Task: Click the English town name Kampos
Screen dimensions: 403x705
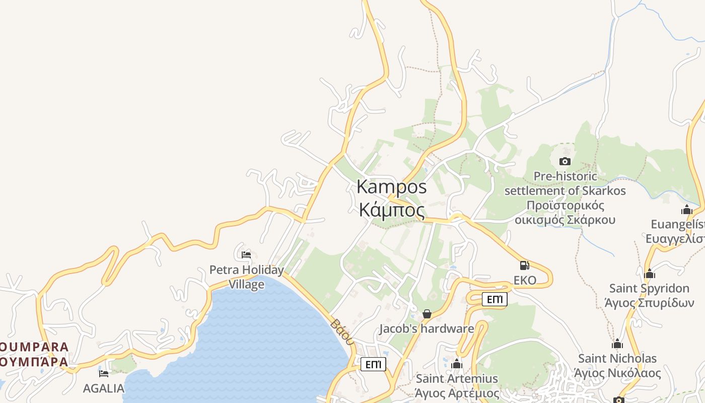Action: (391, 187)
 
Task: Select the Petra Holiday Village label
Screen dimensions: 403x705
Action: (247, 277)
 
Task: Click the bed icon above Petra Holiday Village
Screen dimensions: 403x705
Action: (246, 254)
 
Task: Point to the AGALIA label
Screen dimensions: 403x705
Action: (103, 388)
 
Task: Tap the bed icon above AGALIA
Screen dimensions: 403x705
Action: (104, 373)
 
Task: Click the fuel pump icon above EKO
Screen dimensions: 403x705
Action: (524, 265)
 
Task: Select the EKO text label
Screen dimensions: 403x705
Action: (525, 280)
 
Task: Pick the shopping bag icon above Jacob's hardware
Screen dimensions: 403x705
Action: (427, 314)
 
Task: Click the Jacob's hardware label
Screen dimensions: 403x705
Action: (427, 329)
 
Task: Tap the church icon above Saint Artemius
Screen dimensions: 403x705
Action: (457, 364)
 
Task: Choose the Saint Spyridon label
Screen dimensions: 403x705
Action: (649, 289)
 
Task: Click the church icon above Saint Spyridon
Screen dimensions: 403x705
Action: (650, 274)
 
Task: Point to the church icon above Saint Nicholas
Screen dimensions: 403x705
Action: (617, 344)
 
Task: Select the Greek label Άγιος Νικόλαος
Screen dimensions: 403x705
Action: (617, 373)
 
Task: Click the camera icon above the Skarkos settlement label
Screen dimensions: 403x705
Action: (565, 161)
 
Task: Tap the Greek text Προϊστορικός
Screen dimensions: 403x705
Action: (565, 206)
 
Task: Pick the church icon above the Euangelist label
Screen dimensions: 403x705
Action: (687, 210)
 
